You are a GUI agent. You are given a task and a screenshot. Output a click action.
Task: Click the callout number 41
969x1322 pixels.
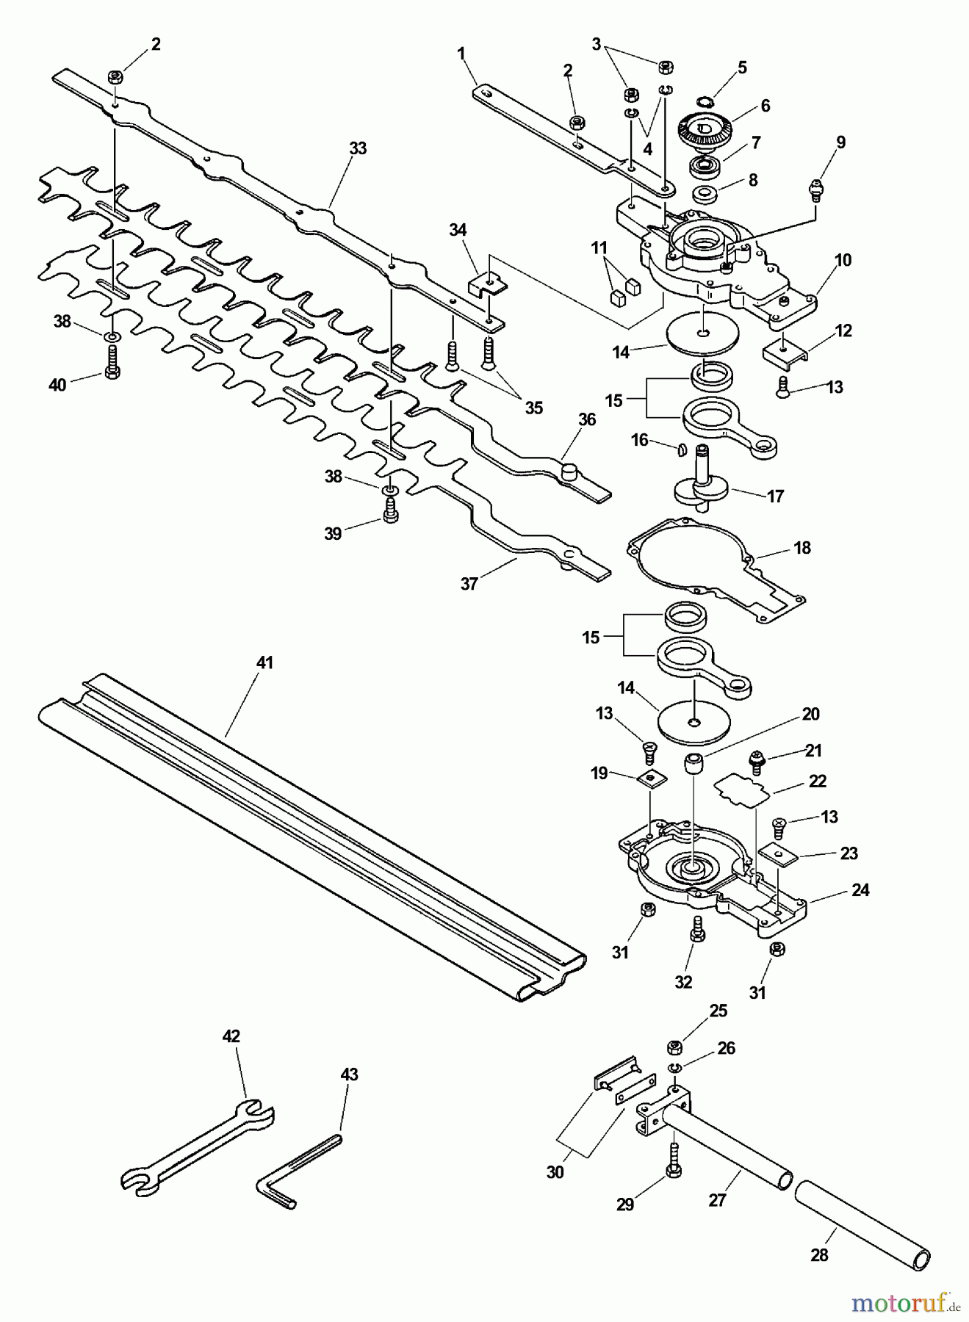coord(264,662)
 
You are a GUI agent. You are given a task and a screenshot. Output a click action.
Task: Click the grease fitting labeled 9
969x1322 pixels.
coord(815,187)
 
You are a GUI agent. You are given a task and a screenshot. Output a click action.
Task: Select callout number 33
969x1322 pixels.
coord(357,148)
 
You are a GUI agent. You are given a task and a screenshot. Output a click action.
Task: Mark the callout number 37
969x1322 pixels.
coord(469,584)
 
